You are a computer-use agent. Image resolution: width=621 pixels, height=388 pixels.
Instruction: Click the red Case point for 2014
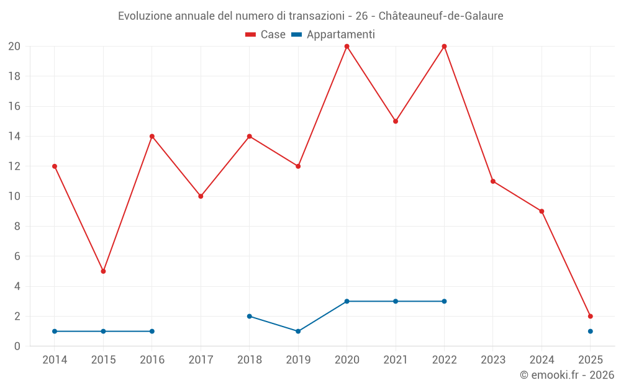[x=55, y=166]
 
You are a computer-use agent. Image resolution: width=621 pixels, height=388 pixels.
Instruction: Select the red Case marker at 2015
[x=103, y=271]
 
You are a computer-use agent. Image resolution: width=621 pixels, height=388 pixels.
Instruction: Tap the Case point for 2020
[x=347, y=47]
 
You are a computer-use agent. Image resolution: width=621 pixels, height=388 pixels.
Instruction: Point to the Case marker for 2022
[x=444, y=47]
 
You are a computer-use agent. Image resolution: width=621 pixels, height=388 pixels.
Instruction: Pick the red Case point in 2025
[x=590, y=316]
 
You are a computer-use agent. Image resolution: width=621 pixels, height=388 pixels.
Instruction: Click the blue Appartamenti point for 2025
[x=590, y=331]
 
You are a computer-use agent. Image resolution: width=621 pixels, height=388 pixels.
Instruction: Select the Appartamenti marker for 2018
[x=249, y=316]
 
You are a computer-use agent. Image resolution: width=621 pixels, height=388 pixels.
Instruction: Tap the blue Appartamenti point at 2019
[x=298, y=331]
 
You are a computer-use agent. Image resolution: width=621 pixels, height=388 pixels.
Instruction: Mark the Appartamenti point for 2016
[x=152, y=331]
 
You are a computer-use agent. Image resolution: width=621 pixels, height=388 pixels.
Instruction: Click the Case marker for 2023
[x=492, y=181]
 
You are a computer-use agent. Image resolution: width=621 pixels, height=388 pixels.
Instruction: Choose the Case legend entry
[x=266, y=35]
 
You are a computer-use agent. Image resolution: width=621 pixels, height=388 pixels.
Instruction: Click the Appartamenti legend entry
[x=333, y=35]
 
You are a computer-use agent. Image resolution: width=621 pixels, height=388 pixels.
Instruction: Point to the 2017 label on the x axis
[x=201, y=360]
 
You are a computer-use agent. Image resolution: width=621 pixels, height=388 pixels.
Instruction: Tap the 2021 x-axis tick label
[x=396, y=360]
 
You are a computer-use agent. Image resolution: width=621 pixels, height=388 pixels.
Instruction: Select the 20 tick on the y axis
[x=14, y=47]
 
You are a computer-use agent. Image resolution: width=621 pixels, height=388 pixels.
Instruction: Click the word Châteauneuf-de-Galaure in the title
[x=441, y=16]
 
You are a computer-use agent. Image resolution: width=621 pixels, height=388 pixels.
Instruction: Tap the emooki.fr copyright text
[x=567, y=375]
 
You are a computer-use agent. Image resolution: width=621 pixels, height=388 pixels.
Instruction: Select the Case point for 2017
[x=201, y=196]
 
